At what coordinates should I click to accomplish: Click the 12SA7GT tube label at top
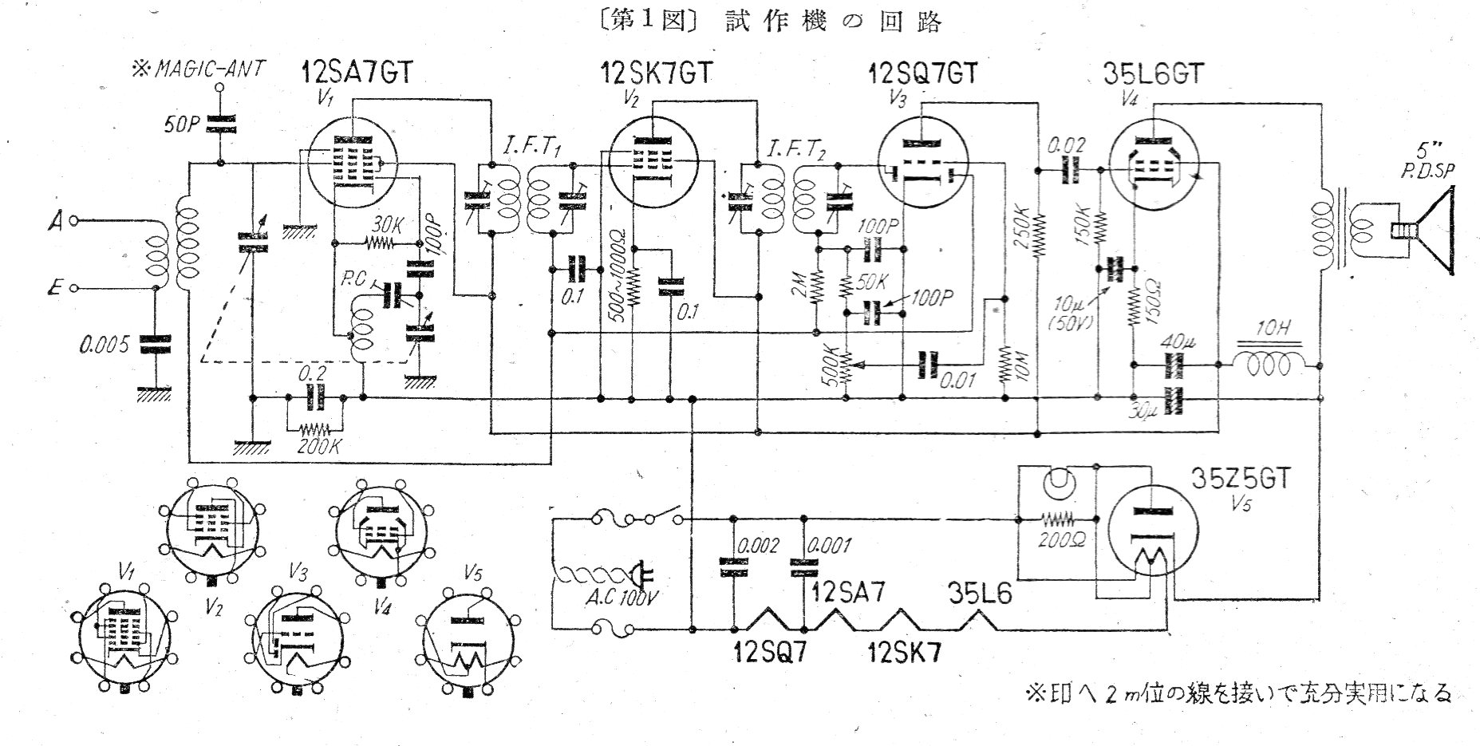[357, 74]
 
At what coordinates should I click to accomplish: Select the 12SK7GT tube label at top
[656, 74]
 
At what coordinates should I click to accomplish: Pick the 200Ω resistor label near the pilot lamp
[1060, 537]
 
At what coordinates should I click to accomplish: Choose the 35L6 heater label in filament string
[980, 594]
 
